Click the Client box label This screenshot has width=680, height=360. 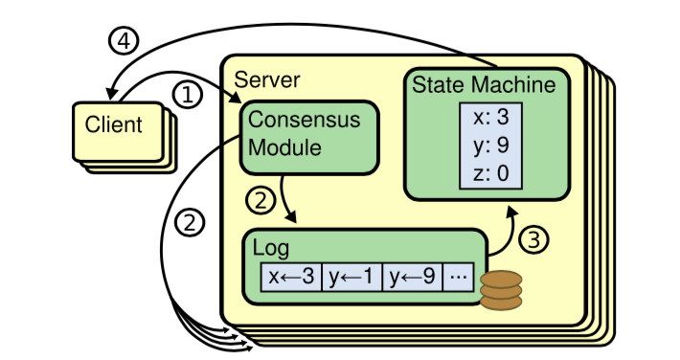114,124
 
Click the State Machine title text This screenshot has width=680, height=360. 483,84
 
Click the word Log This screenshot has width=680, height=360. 270,246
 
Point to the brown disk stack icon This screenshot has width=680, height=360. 500,289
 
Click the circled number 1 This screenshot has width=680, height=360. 188,93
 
